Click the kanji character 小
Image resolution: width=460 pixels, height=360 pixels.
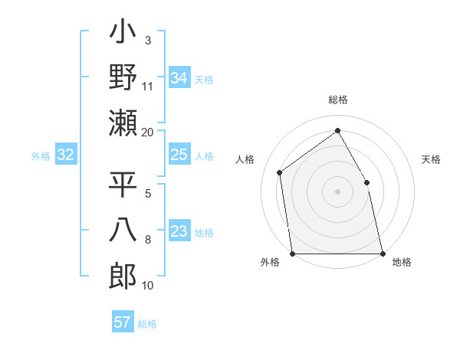tap(123, 34)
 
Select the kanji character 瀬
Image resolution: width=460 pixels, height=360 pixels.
tap(123, 123)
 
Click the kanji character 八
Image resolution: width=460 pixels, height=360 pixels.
tap(123, 231)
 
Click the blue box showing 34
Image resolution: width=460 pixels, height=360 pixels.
tap(179, 77)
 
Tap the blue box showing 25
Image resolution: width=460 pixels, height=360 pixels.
tap(179, 155)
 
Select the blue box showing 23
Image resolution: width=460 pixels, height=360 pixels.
tap(179, 232)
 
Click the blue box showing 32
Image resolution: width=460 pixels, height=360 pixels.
tap(65, 155)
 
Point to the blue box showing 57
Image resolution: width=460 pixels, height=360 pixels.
tap(122, 322)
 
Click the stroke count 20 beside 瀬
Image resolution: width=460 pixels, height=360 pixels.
tap(148, 133)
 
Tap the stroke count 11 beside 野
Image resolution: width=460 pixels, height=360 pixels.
tap(148, 86)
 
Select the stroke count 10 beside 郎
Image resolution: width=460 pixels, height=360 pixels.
tap(148, 286)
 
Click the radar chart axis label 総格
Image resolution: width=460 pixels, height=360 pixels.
tap(337, 100)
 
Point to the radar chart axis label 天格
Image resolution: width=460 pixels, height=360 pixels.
tap(432, 159)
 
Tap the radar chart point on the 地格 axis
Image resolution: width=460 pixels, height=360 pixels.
tap(383, 254)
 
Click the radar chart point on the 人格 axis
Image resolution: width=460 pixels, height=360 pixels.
tap(280, 172)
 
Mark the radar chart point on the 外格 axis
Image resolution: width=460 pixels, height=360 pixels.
tap(292, 254)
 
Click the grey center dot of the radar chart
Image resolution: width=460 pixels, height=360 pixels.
tap(337, 191)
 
